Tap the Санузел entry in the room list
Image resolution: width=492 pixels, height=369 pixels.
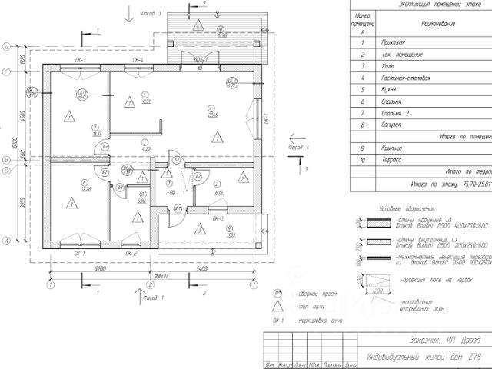coord(393,123)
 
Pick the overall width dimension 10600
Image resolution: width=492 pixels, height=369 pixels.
coord(161,275)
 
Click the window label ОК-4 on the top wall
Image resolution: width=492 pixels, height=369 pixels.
coord(139,59)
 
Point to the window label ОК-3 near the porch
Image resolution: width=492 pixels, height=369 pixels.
coord(217,218)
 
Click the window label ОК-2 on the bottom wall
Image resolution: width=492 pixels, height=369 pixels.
coord(130,254)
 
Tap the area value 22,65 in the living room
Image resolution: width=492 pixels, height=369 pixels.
coord(213,115)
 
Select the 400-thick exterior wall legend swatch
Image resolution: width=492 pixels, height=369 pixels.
coord(381,224)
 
